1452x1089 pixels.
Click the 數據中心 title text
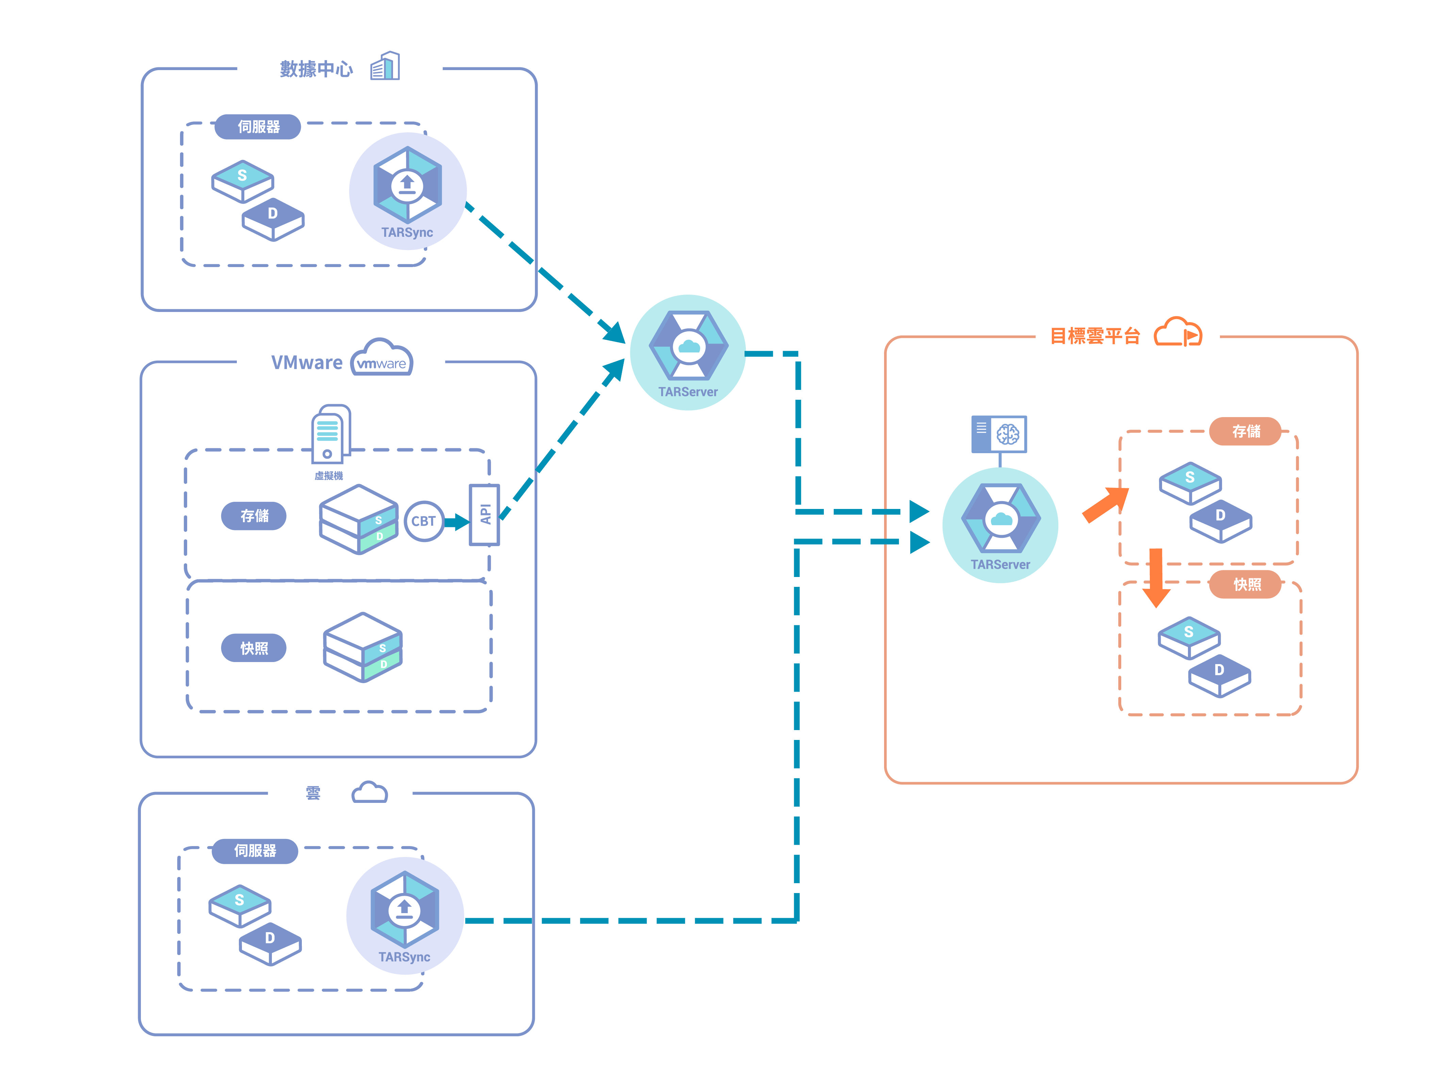tap(316, 69)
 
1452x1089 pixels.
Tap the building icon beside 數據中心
tap(385, 66)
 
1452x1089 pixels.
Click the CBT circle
tap(423, 521)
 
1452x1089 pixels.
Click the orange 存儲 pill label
tap(1245, 431)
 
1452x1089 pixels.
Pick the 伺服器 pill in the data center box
tap(258, 127)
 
